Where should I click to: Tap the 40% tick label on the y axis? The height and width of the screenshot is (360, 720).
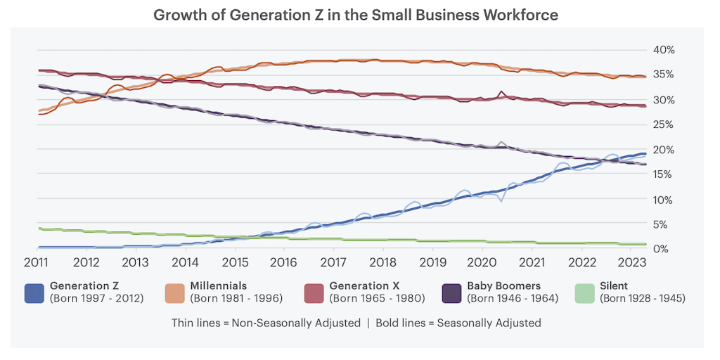(x=664, y=49)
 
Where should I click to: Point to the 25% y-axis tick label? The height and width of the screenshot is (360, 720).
(x=664, y=124)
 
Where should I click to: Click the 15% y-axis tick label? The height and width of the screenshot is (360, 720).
(x=664, y=174)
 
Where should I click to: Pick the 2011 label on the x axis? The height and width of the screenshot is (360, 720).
(x=36, y=262)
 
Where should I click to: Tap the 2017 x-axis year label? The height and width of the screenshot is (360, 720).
(x=334, y=262)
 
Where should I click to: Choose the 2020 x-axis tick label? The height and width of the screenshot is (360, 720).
(x=483, y=262)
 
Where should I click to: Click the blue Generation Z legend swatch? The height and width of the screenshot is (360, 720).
(x=35, y=292)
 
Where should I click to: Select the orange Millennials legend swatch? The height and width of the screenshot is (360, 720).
(x=175, y=292)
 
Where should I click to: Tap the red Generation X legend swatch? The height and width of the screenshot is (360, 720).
(x=314, y=292)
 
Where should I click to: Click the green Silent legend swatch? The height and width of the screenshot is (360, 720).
(x=585, y=292)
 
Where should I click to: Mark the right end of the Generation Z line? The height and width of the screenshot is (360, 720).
(x=645, y=153)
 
